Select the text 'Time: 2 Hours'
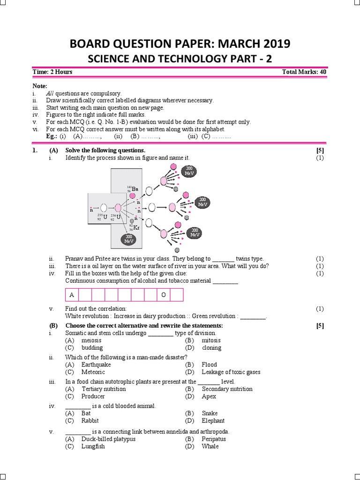click(52, 72)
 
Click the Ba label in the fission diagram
click(135, 189)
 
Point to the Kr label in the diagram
click(136, 228)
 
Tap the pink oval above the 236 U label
click(117, 208)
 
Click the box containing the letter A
click(72, 295)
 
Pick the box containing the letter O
click(164, 295)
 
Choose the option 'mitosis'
click(211, 340)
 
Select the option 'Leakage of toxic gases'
click(231, 372)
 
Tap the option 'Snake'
click(210, 413)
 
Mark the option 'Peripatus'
click(214, 439)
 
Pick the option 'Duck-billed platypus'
click(108, 439)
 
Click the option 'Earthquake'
click(96, 365)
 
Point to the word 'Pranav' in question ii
click(75, 259)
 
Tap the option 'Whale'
click(210, 447)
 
